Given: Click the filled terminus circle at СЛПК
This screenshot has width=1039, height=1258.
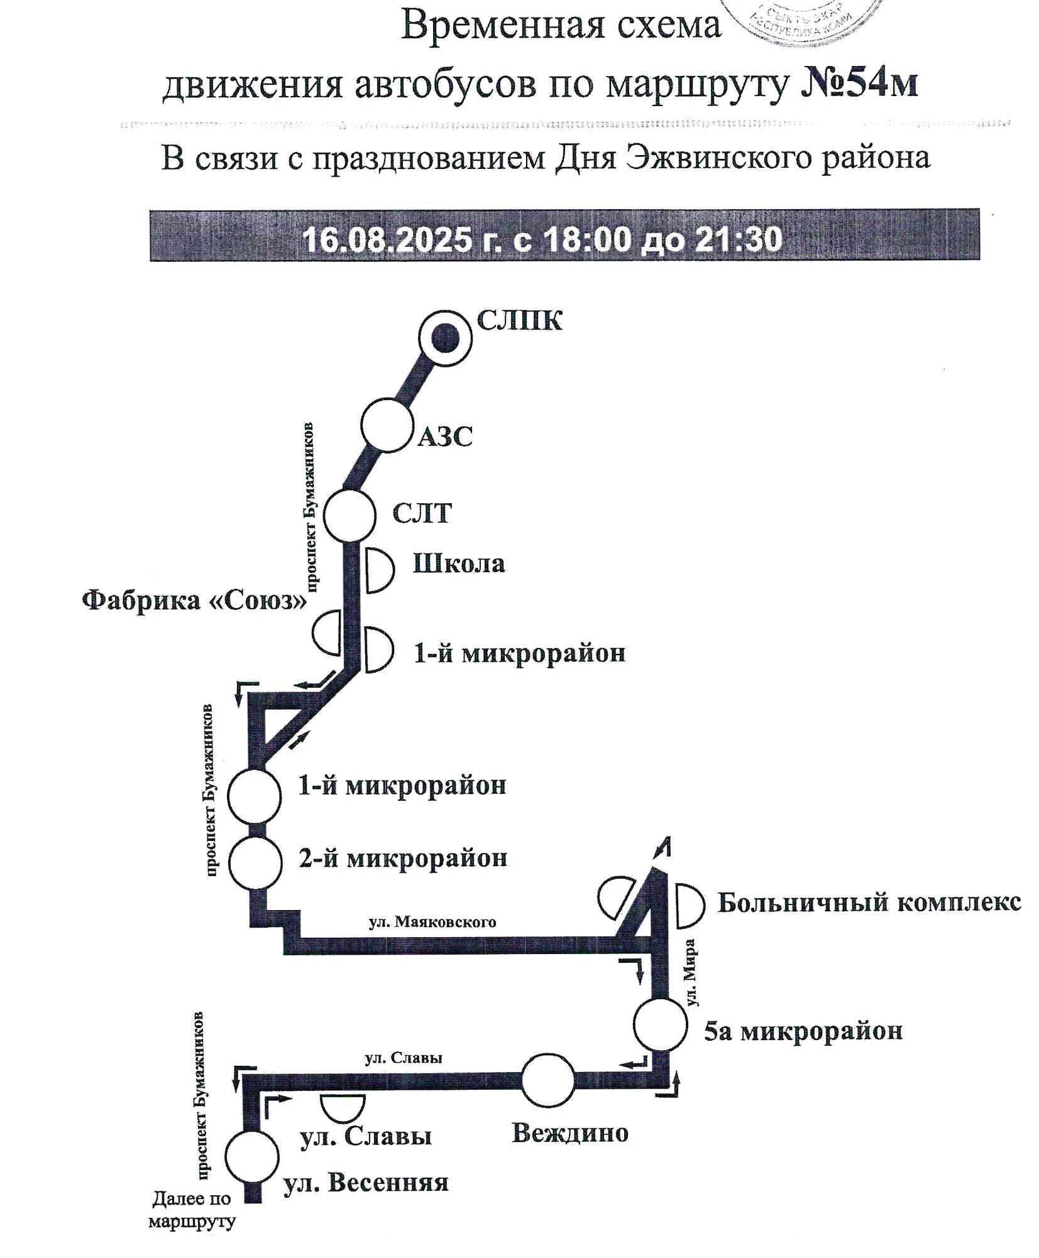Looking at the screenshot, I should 444,338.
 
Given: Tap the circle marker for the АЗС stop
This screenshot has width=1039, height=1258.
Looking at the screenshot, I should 387,425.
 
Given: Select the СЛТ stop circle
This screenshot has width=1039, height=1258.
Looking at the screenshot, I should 349,515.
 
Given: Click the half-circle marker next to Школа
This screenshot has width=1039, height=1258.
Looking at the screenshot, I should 379,570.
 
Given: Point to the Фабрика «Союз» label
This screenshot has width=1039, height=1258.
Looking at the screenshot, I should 194,601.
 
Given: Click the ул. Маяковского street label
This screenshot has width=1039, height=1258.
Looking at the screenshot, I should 432,922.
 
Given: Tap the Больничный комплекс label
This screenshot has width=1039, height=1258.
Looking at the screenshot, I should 869,903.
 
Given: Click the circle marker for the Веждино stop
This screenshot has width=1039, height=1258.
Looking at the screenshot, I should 548,1081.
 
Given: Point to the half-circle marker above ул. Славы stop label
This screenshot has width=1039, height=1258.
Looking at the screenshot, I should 343,1107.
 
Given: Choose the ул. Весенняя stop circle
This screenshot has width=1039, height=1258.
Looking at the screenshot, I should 251,1157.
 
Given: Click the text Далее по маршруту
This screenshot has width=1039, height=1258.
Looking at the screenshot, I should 192,1210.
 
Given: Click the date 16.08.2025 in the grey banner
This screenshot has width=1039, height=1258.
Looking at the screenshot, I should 387,239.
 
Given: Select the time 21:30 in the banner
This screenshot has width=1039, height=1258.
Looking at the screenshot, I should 745,239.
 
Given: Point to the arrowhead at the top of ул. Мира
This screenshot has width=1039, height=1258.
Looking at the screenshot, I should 664,847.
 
